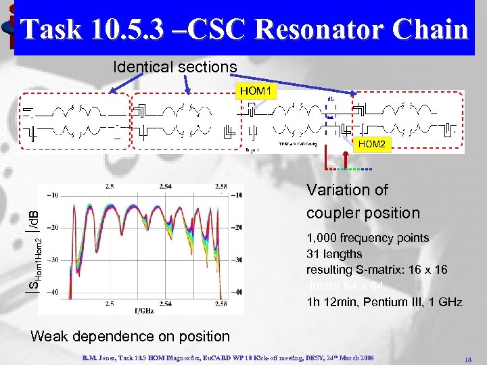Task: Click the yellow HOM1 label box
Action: [x=255, y=90]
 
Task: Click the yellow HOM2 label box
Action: [x=373, y=144]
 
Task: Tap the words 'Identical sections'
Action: [x=175, y=67]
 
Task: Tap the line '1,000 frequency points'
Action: [x=368, y=238]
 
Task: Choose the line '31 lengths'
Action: [x=334, y=254]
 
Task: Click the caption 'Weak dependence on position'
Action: [x=130, y=336]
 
